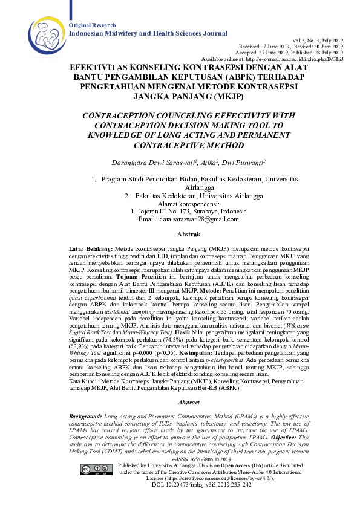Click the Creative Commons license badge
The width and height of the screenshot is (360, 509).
(x=88, y=470)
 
